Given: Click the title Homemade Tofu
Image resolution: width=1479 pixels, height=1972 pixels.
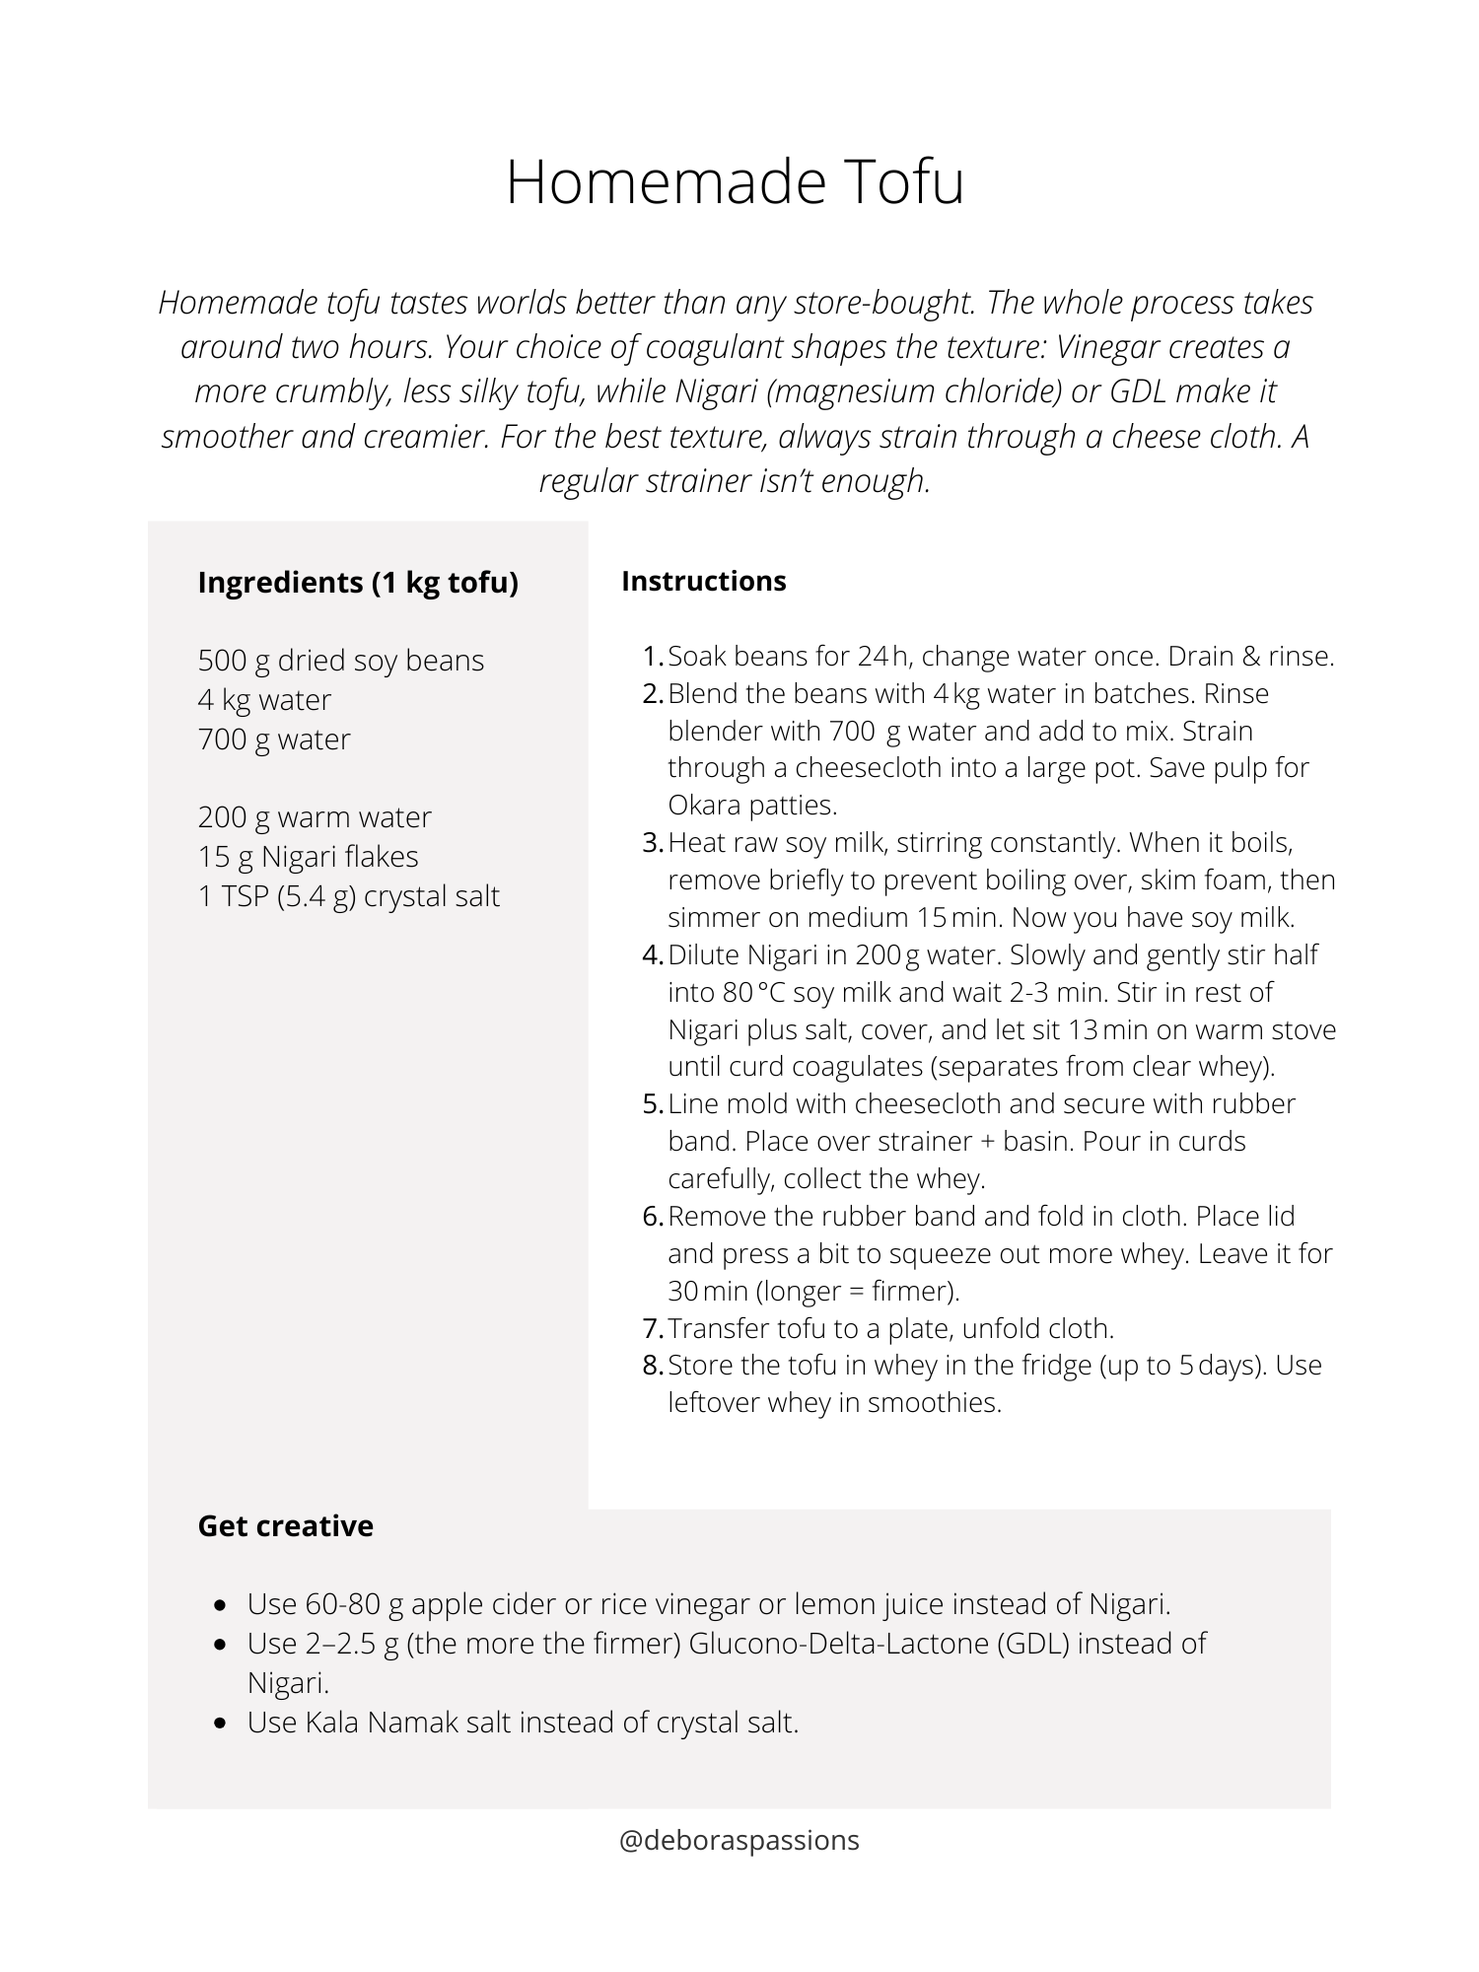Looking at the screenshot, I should point(735,182).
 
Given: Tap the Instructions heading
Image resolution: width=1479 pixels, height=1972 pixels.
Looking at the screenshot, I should point(703,581).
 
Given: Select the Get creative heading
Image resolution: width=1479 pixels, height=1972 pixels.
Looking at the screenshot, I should point(285,1525).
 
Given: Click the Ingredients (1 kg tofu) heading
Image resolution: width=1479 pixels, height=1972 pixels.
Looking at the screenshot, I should point(358,583).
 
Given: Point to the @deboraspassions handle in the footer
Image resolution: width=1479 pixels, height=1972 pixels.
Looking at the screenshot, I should point(739,1840).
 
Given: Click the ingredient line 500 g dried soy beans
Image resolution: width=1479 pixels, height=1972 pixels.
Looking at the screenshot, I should point(340,660).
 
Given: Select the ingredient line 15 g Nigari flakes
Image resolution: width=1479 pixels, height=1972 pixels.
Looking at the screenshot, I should point(308,856).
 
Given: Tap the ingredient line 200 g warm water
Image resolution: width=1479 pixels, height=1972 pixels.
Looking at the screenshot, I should point(314,816).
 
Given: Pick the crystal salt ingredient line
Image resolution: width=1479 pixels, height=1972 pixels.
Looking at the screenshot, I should point(348,895).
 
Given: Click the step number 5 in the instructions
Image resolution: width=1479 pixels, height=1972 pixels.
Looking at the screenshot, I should point(652,1104).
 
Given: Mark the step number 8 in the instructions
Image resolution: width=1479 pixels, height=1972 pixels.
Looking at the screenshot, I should point(652,1366).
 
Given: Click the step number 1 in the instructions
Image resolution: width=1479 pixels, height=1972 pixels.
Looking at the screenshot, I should point(652,657).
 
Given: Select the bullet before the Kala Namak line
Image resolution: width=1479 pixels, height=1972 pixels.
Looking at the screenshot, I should point(222,1723).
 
